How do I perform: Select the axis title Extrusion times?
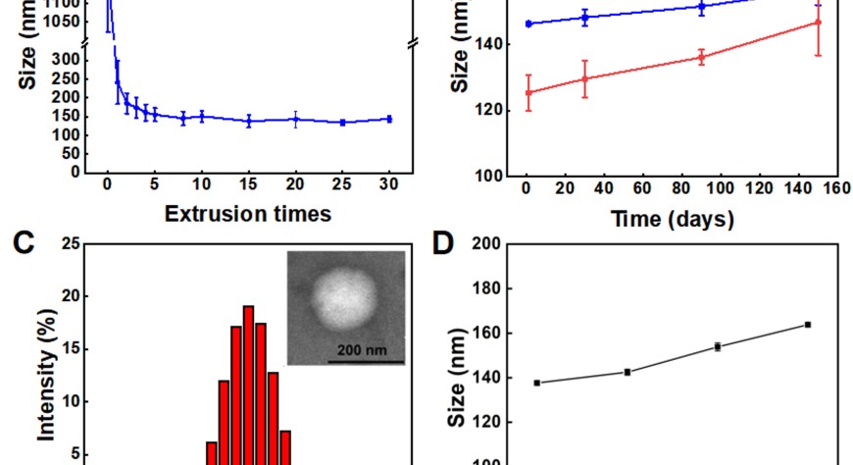pyautogui.click(x=247, y=214)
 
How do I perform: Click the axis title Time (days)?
pyautogui.click(x=674, y=220)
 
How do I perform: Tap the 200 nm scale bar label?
pyautogui.click(x=364, y=349)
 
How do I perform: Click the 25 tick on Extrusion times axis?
pyautogui.click(x=342, y=185)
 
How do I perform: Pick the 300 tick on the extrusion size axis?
pyautogui.click(x=71, y=59)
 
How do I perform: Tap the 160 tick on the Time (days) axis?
pyautogui.click(x=834, y=188)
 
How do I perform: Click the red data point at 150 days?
pyautogui.click(x=818, y=22)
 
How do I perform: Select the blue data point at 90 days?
pyautogui.click(x=702, y=6)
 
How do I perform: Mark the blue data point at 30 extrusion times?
pyautogui.click(x=389, y=119)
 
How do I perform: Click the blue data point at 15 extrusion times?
pyautogui.click(x=249, y=122)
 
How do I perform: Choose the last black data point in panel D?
pyautogui.click(x=808, y=324)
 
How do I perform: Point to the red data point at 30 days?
pyautogui.click(x=585, y=78)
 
